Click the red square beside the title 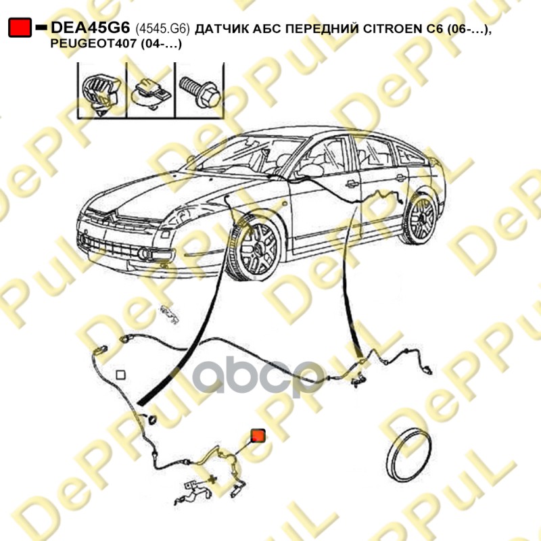pyautogui.click(x=19, y=28)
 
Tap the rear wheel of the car pyautogui.click(x=421, y=218)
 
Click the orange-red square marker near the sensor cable pyautogui.click(x=258, y=436)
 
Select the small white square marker pyautogui.click(x=121, y=374)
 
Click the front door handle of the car pyautogui.click(x=352, y=183)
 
